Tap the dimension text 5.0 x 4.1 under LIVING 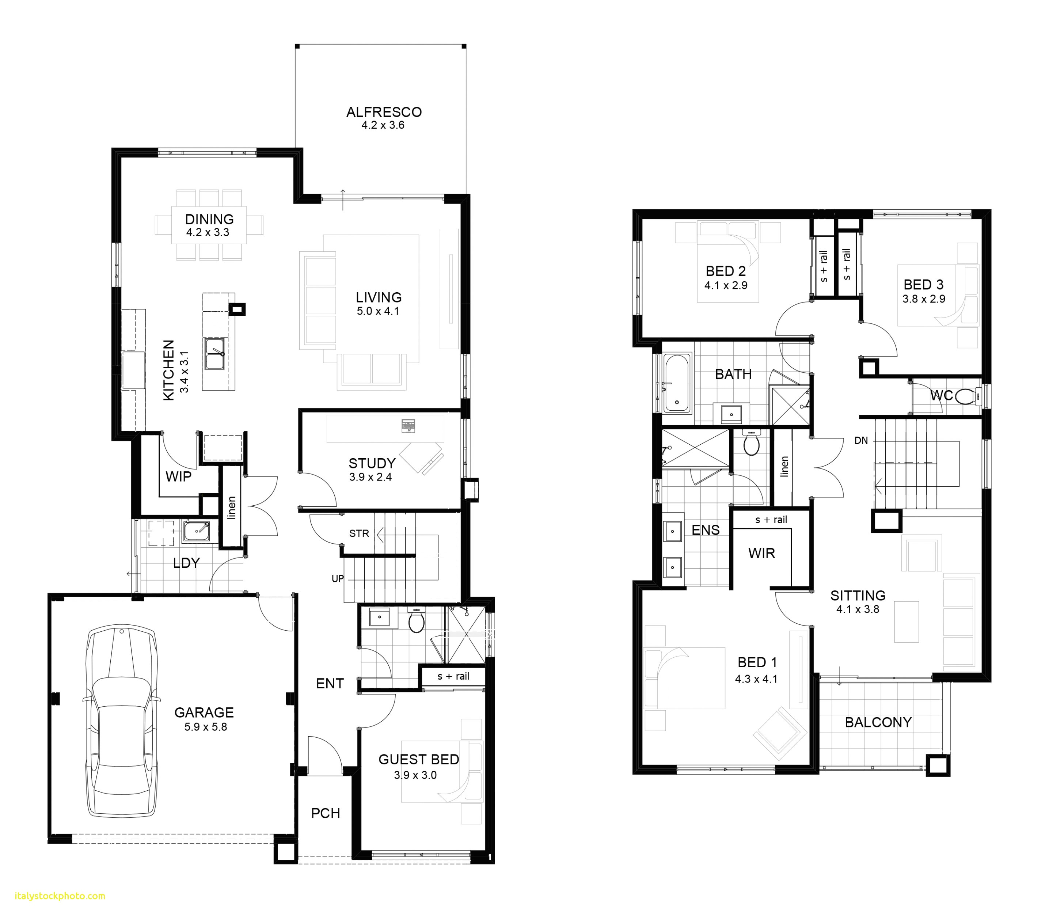pos(378,311)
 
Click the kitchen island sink pos(215,354)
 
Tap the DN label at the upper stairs pos(861,441)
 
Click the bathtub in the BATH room pos(676,382)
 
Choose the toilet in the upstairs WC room pos(965,396)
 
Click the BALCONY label pos(878,722)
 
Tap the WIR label pos(761,553)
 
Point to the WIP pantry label pos(178,476)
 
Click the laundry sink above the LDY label pos(196,532)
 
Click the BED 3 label pos(923,285)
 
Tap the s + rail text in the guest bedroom pos(453,676)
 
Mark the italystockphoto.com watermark pos(60,896)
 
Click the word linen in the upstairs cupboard pos(784,467)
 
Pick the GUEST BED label pos(418,760)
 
